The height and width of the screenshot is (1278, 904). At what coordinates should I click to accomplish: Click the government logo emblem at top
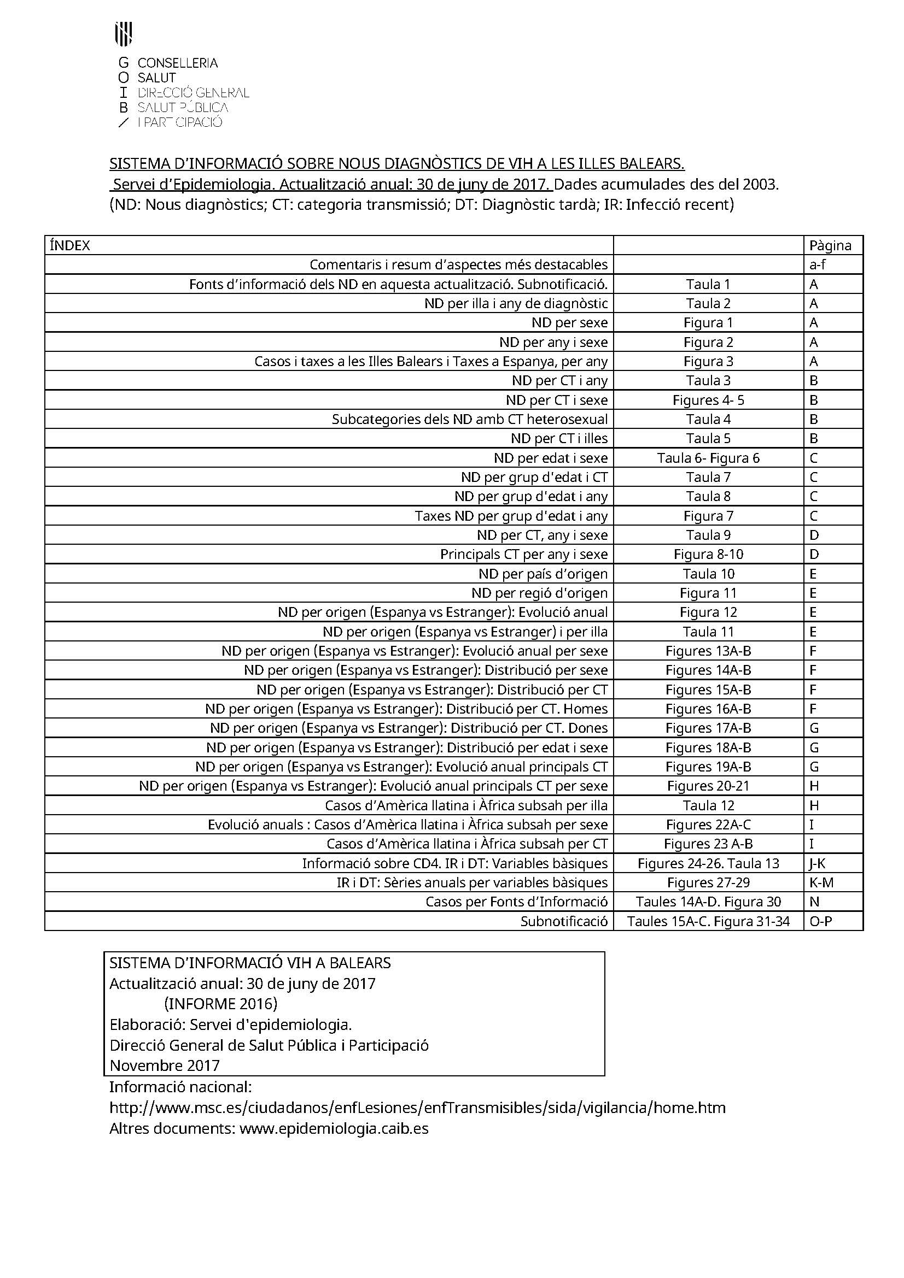123,33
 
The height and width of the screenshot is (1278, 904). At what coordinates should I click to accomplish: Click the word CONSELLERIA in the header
178,63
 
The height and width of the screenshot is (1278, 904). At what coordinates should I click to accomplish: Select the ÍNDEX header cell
69,245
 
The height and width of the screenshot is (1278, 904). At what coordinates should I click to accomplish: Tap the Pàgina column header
830,245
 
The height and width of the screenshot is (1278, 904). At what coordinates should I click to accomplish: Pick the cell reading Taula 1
708,285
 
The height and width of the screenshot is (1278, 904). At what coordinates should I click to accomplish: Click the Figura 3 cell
708,361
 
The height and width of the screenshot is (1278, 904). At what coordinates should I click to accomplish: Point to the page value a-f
817,264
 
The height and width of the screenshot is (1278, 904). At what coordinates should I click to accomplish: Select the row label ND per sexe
569,323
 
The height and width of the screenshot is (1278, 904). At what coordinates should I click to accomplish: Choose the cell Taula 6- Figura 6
708,458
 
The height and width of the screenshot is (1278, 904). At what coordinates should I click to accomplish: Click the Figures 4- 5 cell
708,400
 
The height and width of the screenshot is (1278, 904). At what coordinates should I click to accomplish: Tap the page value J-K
817,863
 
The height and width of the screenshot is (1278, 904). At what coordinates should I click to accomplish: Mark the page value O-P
820,921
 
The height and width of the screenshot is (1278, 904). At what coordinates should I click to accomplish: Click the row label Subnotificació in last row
564,921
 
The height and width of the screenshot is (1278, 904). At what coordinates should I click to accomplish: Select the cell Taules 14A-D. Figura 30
708,902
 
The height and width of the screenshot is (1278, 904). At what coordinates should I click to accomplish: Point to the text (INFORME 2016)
220,1004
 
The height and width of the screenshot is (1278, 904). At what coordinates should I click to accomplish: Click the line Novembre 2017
164,1065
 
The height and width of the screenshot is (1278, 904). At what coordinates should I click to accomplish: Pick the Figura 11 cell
708,593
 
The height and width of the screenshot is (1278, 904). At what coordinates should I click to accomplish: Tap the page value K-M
821,883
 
